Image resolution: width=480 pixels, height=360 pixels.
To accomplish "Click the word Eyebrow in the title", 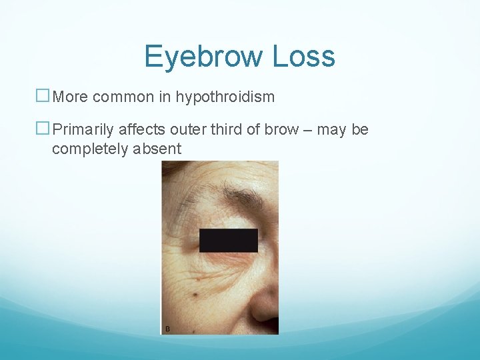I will (205, 57).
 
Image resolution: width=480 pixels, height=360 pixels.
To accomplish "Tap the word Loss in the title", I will (304, 57).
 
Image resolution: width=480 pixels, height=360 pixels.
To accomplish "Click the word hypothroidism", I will (225, 97).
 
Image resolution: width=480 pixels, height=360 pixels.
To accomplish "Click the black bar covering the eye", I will (228, 241).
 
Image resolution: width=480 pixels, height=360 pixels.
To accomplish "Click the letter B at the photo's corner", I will (167, 329).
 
